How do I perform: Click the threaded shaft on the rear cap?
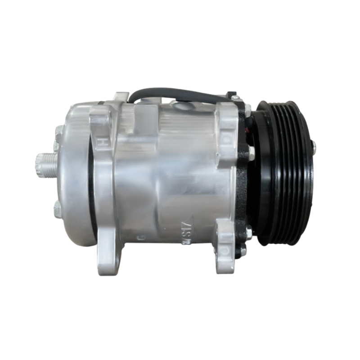pos(46,165)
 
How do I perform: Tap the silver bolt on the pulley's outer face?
pos(314,146)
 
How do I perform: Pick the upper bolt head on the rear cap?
pos(58,132)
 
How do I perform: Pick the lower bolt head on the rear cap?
pos(57,209)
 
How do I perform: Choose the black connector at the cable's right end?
pos(232,95)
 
